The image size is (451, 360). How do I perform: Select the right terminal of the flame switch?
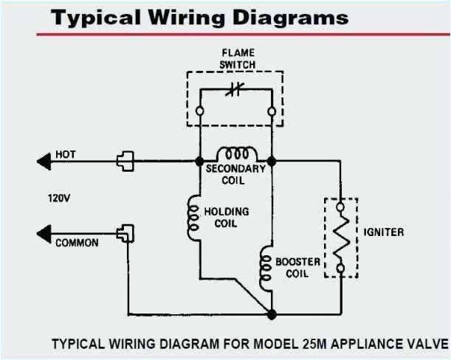tap(272, 111)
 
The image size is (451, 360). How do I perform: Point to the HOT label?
tap(66, 154)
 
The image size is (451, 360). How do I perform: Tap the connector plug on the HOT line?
tap(123, 160)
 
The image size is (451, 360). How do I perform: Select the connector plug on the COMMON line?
tap(123, 235)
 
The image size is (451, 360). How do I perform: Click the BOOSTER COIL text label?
tap(297, 267)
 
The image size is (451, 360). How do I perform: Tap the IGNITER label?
tap(384, 232)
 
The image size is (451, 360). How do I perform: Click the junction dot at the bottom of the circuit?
tap(272, 314)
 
